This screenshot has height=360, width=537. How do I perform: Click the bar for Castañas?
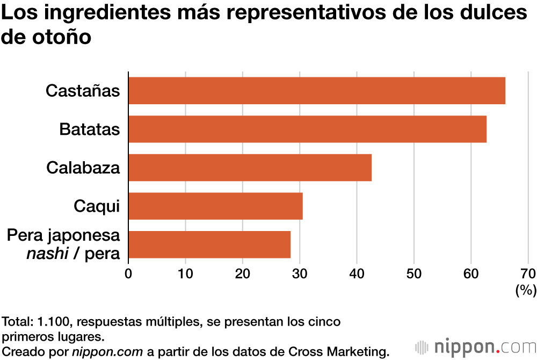click(x=317, y=91)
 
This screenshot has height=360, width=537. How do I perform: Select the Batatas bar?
click(x=307, y=129)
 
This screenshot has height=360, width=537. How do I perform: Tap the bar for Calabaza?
click(x=250, y=168)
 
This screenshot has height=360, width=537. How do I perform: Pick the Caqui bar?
click(x=215, y=206)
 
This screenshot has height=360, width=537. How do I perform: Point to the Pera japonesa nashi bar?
click(x=209, y=244)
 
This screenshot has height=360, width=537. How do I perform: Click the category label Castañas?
click(x=83, y=91)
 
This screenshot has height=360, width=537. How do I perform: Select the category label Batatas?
click(x=90, y=129)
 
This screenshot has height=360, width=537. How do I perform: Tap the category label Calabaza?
click(x=83, y=168)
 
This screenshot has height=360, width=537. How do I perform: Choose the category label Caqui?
click(x=97, y=206)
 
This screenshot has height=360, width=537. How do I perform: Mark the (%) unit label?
click(x=525, y=291)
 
